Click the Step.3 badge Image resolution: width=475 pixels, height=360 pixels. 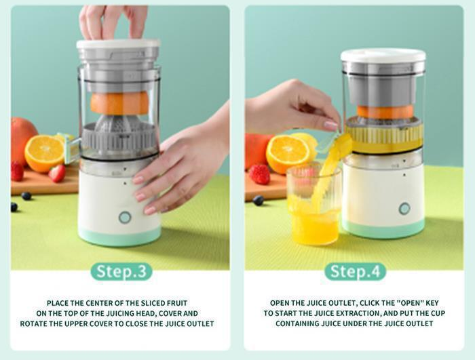(x=121, y=272)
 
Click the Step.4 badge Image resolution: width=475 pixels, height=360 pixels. (x=356, y=272)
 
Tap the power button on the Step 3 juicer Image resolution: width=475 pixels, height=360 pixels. (x=125, y=218)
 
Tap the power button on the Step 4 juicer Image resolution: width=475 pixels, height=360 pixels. (x=404, y=209)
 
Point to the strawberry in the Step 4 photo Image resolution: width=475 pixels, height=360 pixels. (x=259, y=175)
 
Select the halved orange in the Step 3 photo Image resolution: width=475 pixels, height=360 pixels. (x=44, y=153)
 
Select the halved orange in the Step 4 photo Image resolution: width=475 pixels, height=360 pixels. (x=287, y=154)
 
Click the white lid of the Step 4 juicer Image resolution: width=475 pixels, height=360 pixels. (x=383, y=56)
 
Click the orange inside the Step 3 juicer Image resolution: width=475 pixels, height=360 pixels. (x=120, y=103)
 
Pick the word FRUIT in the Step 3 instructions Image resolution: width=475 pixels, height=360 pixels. (x=176, y=303)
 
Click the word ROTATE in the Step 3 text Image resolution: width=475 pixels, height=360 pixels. (x=33, y=323)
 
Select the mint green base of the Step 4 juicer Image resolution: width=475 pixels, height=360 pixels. (x=383, y=228)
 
